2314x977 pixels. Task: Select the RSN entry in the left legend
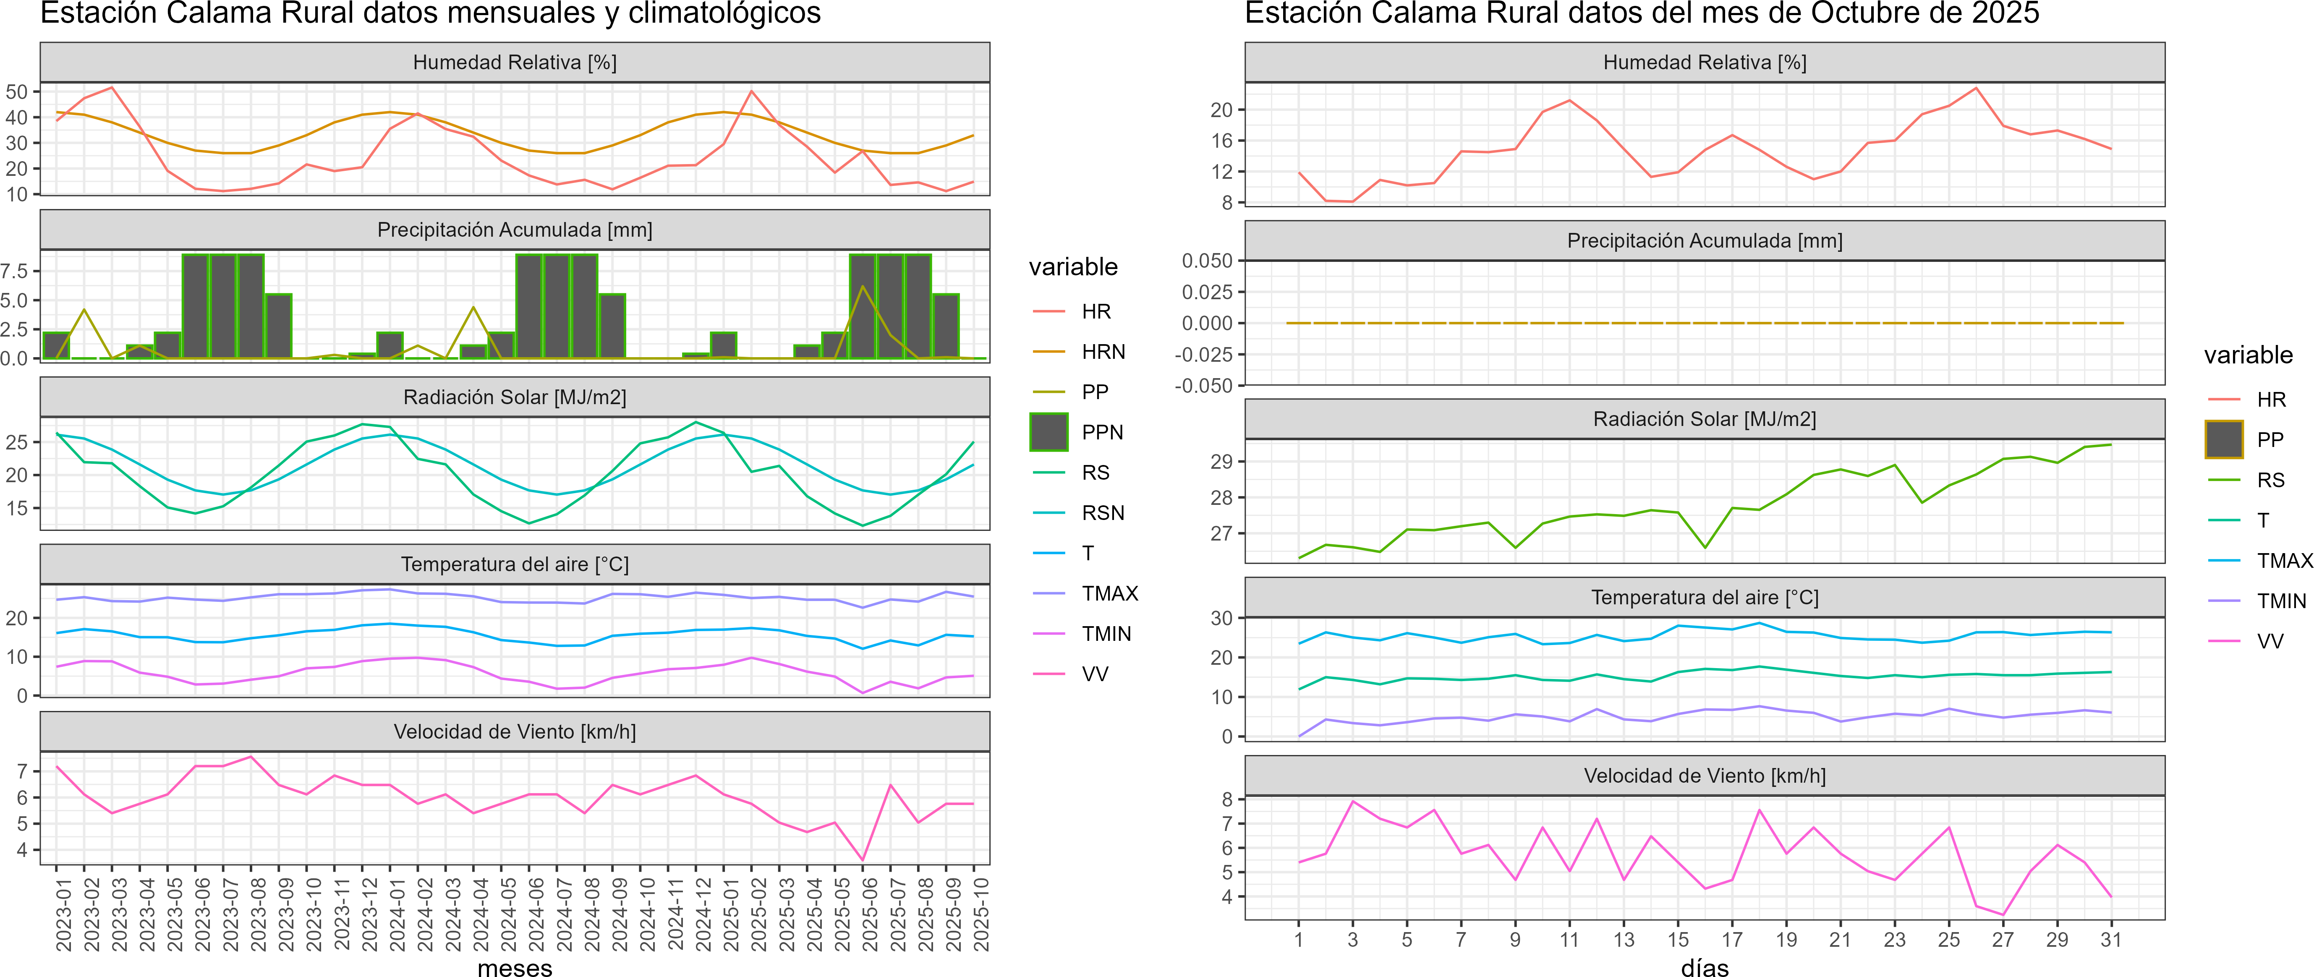pyautogui.click(x=1103, y=513)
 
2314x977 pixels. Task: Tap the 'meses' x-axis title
pyautogui.click(x=515, y=967)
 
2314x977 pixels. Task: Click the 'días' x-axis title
pyautogui.click(x=1704, y=967)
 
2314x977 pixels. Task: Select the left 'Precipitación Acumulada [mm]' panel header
pyautogui.click(x=515, y=230)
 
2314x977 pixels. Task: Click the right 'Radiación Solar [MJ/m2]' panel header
pyautogui.click(x=1704, y=419)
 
